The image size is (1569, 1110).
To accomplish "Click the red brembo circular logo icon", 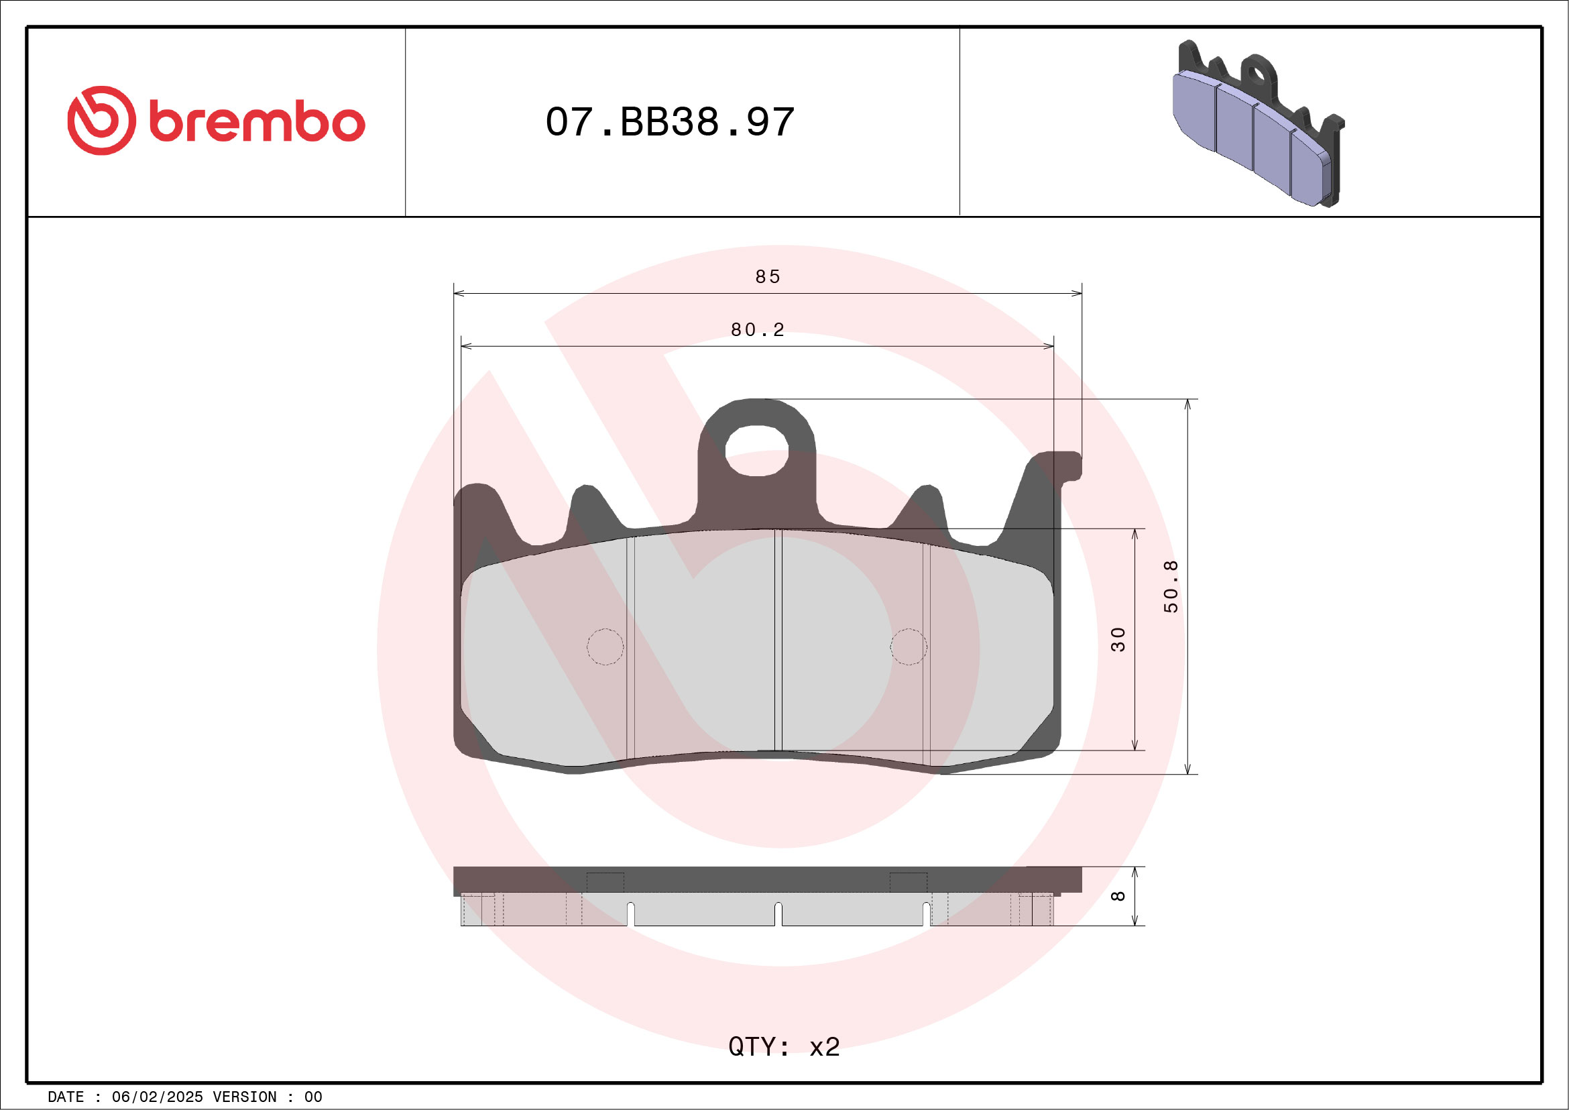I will tap(101, 120).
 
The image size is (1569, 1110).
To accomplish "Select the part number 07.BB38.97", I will tap(670, 122).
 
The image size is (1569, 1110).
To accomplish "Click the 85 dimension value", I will tap(768, 277).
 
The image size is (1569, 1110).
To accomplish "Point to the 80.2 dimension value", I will tap(758, 330).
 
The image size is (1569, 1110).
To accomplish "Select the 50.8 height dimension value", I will tap(1171, 586).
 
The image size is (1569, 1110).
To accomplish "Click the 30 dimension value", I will tap(1117, 639).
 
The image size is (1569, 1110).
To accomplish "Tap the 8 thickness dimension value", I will tap(1117, 896).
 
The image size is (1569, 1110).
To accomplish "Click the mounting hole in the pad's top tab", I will tap(756, 451).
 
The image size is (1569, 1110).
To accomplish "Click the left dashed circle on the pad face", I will tap(605, 647).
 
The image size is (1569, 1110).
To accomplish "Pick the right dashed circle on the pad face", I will tap(908, 647).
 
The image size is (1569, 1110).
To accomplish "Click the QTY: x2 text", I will tap(784, 1046).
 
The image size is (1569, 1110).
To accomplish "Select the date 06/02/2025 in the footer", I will tap(157, 1097).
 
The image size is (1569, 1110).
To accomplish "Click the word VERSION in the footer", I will tap(245, 1097).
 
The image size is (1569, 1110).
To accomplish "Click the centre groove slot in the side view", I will tap(778, 914).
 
